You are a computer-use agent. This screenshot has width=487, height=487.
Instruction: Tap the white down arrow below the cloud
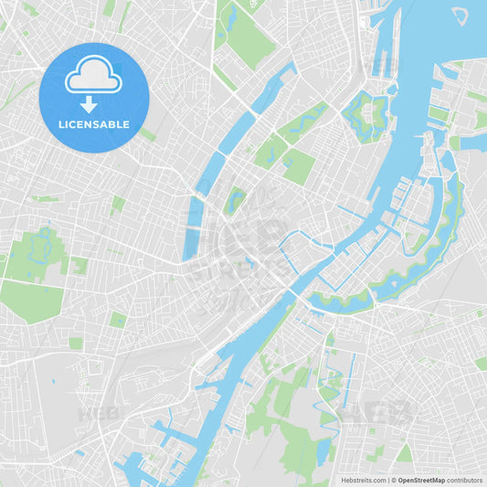89,103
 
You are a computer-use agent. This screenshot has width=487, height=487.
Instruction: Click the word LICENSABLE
94,124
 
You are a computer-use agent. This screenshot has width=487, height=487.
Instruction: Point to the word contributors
465,479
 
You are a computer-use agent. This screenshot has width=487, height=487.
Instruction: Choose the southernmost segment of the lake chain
193,228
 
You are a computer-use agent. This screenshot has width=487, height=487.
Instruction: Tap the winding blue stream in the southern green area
328,402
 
